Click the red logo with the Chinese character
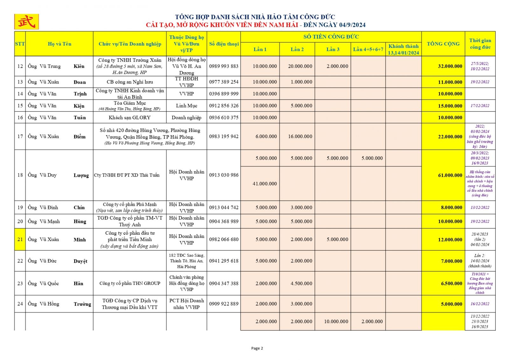click(x=26, y=22)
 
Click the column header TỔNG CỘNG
click(x=443, y=44)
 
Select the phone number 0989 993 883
click(x=224, y=66)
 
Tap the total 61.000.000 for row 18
click(x=450, y=175)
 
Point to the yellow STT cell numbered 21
click(x=20, y=239)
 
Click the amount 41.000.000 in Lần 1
click(x=265, y=183)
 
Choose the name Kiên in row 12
click(x=79, y=66)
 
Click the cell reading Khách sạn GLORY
click(x=129, y=117)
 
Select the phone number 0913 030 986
click(x=224, y=175)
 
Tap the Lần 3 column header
click(x=333, y=49)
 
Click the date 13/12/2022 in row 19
click(x=480, y=207)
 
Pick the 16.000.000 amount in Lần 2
click(x=300, y=136)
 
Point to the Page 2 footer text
click(x=257, y=348)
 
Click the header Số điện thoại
click(x=224, y=44)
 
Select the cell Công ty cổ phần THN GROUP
click(x=130, y=283)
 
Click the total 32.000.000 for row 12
click(x=450, y=66)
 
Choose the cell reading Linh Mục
click(x=186, y=106)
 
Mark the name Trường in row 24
click(x=82, y=304)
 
